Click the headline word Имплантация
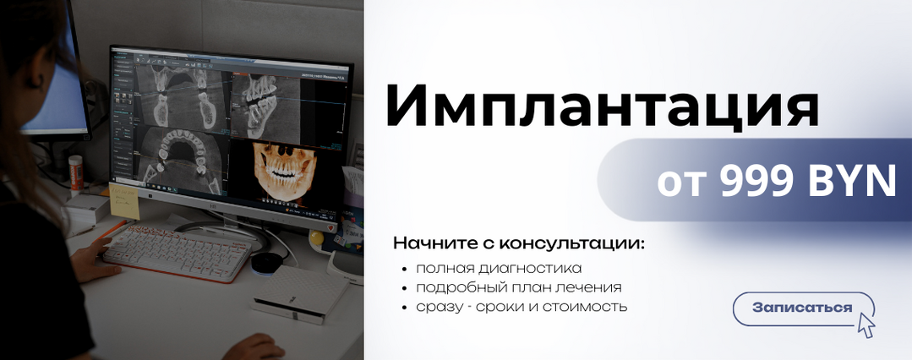(601, 106)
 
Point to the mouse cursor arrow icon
(866, 325)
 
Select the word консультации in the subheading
(571, 243)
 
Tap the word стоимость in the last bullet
(585, 306)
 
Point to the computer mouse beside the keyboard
(265, 262)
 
